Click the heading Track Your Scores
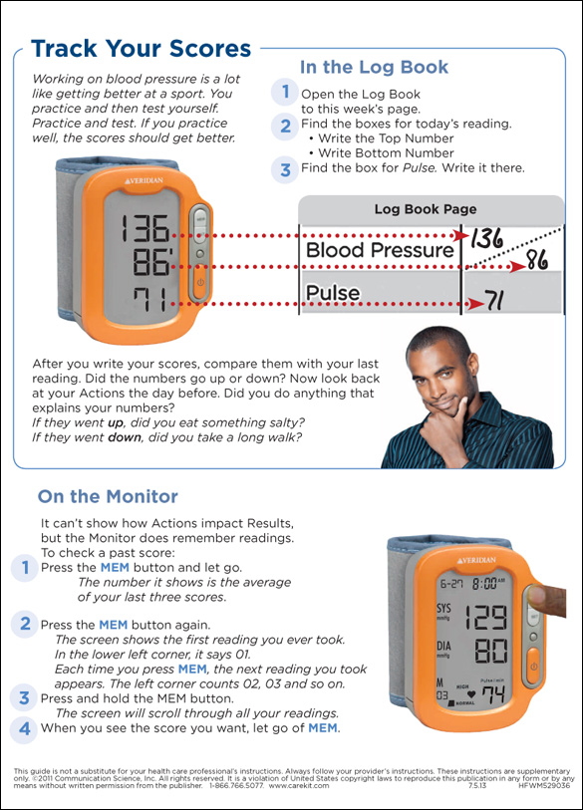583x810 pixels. click(142, 49)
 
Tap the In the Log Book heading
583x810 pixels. click(374, 67)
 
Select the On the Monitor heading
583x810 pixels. click(108, 496)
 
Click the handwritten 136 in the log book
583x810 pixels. click(486, 239)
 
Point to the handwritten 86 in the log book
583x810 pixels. click(537, 260)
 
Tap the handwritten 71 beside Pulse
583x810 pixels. click(493, 300)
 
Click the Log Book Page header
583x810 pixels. click(426, 209)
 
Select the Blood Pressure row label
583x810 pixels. click(380, 250)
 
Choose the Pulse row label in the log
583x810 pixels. click(333, 293)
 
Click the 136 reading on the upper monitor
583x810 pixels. click(146, 228)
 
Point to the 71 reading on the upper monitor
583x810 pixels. click(149, 300)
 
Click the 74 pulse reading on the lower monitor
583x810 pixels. click(493, 695)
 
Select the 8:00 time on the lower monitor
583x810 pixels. click(484, 583)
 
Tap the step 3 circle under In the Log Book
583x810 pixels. click(285, 169)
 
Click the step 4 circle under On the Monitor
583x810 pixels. click(24, 729)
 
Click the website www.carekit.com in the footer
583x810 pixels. click(299, 786)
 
